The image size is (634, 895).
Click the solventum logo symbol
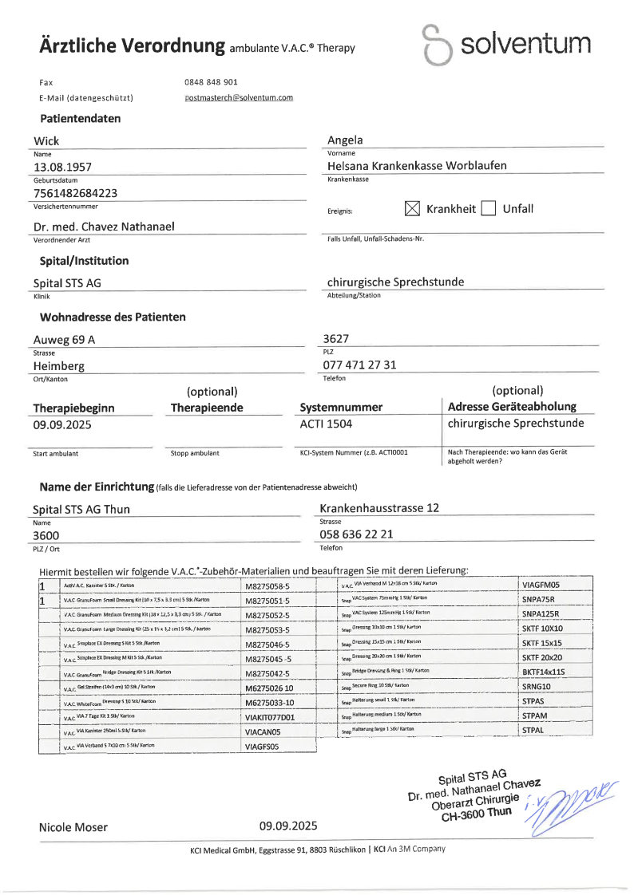pyautogui.click(x=436, y=45)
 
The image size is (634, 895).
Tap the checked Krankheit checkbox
pyautogui.click(x=412, y=209)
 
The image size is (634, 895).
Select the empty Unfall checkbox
pyautogui.click(x=489, y=209)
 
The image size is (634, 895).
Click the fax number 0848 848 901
pyautogui.click(x=211, y=82)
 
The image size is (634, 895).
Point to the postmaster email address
pyautogui.click(x=239, y=97)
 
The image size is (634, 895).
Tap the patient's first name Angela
pyautogui.click(x=345, y=140)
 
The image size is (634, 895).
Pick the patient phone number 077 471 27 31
pyautogui.click(x=359, y=365)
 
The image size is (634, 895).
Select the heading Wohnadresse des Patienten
pyautogui.click(x=113, y=317)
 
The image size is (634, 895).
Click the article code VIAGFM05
pyautogui.click(x=541, y=585)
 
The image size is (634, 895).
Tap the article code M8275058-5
pyautogui.click(x=269, y=585)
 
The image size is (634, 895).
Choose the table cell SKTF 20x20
pyautogui.click(x=542, y=657)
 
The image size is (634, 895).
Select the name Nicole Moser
pyautogui.click(x=73, y=827)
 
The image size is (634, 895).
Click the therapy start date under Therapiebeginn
pyautogui.click(x=62, y=424)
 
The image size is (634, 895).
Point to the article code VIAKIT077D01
pyautogui.click(x=269, y=717)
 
